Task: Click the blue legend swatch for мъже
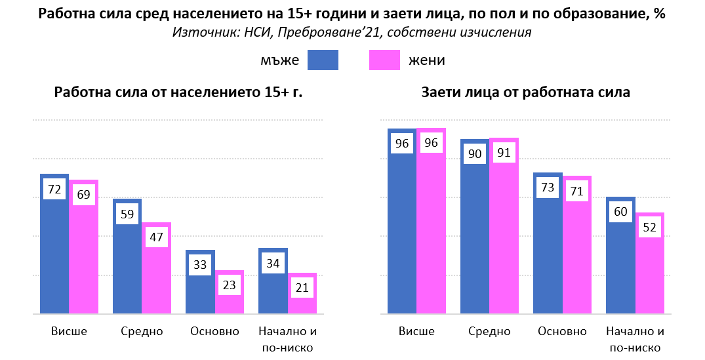click(x=323, y=60)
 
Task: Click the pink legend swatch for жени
click(x=384, y=60)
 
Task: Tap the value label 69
click(x=84, y=195)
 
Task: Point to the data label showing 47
click(x=156, y=237)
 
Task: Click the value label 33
click(x=199, y=266)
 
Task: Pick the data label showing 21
click(x=302, y=287)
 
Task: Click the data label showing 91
click(x=504, y=153)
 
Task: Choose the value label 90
click(x=475, y=154)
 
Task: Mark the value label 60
click(x=620, y=212)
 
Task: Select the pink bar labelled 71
click(x=577, y=256)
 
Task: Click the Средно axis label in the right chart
click(x=489, y=331)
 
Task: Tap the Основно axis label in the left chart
click(x=214, y=331)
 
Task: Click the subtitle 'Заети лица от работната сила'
click(x=525, y=93)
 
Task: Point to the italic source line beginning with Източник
click(x=352, y=32)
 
